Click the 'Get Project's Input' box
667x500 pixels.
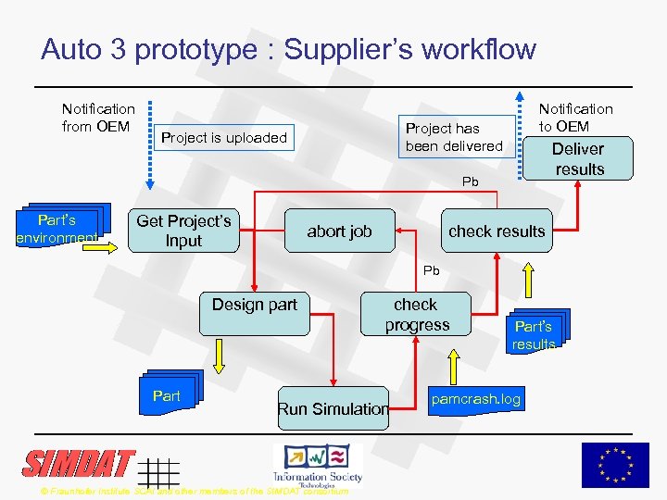(x=183, y=231)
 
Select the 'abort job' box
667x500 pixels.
(x=339, y=231)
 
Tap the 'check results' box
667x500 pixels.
(x=496, y=231)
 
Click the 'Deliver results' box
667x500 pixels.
(x=578, y=158)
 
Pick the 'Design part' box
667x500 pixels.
(x=254, y=313)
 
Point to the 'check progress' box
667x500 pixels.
(x=416, y=314)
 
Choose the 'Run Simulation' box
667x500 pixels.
(x=333, y=408)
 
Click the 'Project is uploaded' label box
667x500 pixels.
(x=224, y=138)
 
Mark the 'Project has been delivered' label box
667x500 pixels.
(x=453, y=137)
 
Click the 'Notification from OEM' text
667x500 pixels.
(x=98, y=118)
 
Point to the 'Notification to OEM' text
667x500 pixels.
(x=575, y=118)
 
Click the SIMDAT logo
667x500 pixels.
(x=79, y=463)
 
